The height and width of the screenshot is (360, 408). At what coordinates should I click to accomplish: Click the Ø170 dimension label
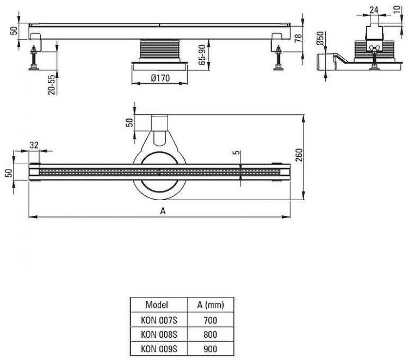159,78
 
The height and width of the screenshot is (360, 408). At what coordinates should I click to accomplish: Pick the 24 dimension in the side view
375,9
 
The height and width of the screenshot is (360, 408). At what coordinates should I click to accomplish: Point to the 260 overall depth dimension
299,158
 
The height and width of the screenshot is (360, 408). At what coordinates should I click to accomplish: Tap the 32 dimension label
34,145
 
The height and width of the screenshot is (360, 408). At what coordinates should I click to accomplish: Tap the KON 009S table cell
157,347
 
